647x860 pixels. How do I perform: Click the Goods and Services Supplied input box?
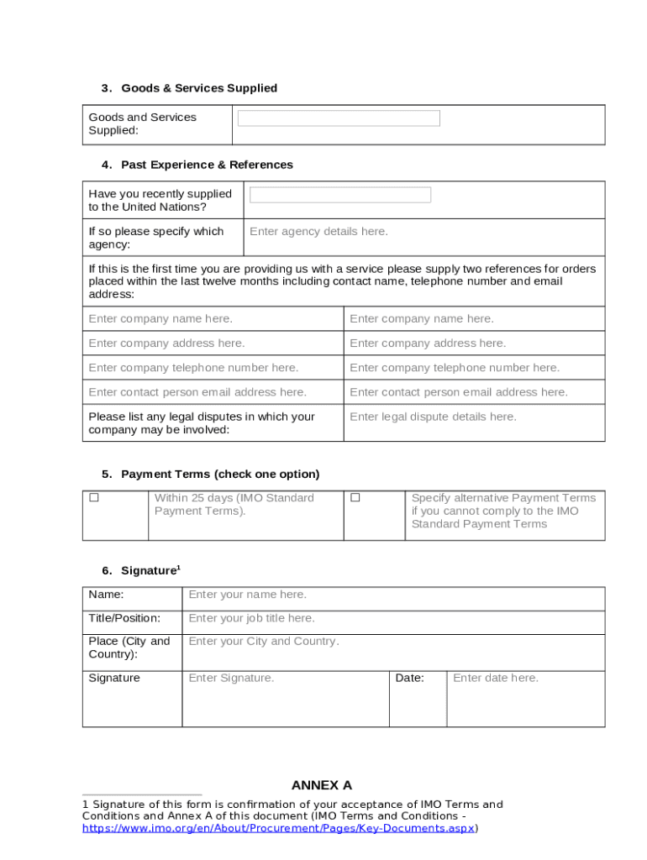(x=339, y=118)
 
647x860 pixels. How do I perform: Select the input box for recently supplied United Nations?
(x=340, y=195)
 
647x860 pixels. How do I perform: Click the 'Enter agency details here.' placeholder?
(x=318, y=232)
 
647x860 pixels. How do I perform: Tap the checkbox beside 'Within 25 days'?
(x=95, y=498)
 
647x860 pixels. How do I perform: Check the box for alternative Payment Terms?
(x=355, y=498)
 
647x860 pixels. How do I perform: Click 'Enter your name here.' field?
(x=247, y=595)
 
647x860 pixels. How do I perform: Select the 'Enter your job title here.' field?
(x=251, y=618)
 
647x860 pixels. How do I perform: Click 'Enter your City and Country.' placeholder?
(x=264, y=642)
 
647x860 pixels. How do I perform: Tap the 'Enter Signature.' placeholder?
(x=231, y=678)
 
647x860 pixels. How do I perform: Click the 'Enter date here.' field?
(x=496, y=678)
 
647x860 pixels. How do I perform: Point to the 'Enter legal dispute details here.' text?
(x=433, y=417)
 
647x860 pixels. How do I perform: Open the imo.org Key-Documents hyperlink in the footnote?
(x=278, y=828)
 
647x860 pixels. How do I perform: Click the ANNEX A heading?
(x=322, y=786)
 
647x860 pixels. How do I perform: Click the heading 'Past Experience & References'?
(x=207, y=165)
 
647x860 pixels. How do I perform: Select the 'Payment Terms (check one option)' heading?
(x=220, y=475)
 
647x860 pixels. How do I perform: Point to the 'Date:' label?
(x=410, y=678)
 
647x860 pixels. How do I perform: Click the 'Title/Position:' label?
(x=124, y=618)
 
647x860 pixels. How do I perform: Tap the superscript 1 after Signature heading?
(x=178, y=568)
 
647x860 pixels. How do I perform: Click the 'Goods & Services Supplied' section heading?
(x=199, y=88)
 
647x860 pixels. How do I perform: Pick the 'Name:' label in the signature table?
(x=106, y=595)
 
